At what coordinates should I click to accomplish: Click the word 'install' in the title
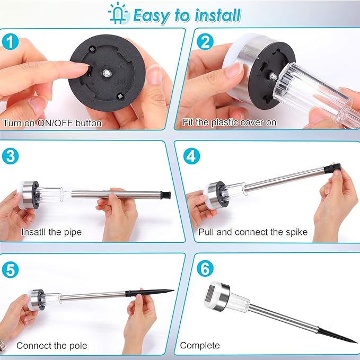tap(218, 15)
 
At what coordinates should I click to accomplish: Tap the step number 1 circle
tap(10, 41)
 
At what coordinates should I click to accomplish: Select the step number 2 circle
tap(205, 41)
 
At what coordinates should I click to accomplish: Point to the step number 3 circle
tap(10, 156)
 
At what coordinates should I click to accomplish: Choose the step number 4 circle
tap(191, 156)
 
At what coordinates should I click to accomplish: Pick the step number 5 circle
tap(10, 270)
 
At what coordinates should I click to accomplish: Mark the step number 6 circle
tap(205, 268)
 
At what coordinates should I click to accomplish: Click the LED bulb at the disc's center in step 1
tap(106, 73)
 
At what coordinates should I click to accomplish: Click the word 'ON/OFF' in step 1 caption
tap(55, 123)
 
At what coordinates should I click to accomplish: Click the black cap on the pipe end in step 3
tap(165, 195)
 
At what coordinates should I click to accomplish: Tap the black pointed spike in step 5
tap(150, 292)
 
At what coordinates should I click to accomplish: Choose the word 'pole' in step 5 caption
tap(78, 346)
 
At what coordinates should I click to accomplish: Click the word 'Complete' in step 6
tap(200, 345)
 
